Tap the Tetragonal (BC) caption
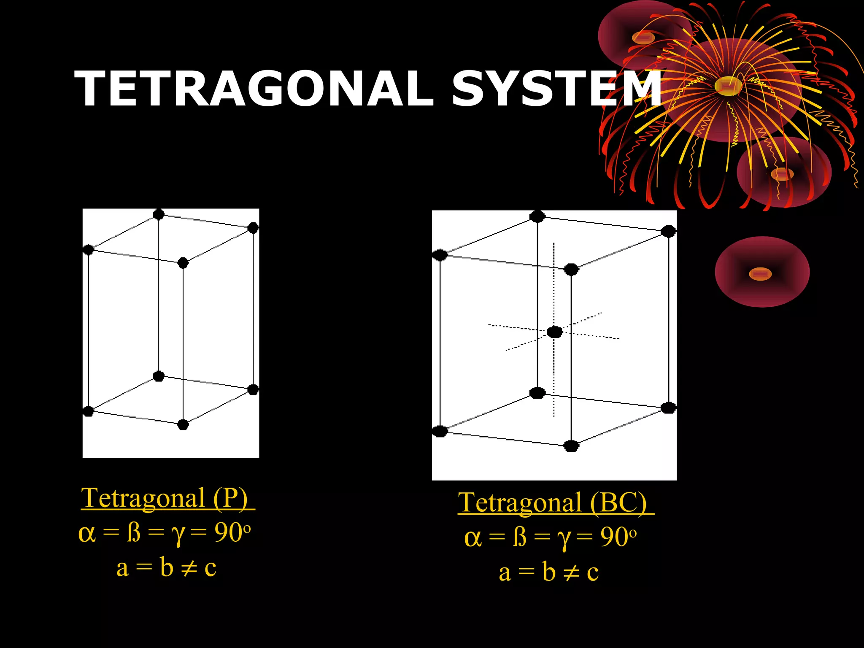point(553,503)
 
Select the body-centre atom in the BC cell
point(555,332)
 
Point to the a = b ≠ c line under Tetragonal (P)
point(167,567)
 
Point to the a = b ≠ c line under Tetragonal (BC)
point(549,572)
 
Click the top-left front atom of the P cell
point(88,250)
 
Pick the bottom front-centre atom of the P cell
point(183,424)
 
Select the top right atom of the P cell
point(253,228)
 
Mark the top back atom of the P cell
point(158,214)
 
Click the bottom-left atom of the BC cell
point(440,431)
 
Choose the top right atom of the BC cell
point(668,231)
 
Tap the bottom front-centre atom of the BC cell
point(571,446)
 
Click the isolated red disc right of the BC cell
point(762,272)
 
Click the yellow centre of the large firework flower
point(729,86)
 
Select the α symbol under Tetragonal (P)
point(87,533)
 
